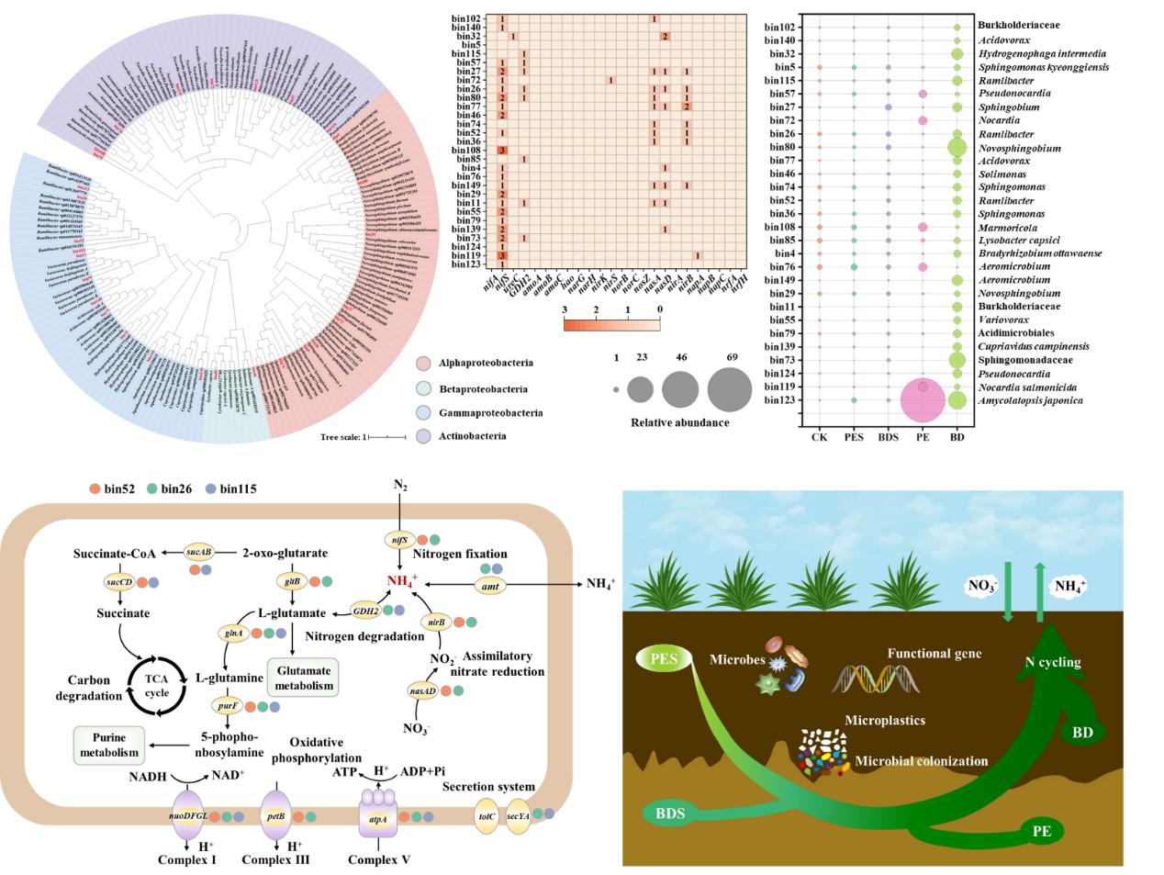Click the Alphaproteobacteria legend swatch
pos(423,364)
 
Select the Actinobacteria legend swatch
pos(423,435)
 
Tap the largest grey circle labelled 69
pos(730,388)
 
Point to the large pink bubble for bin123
pos(923,400)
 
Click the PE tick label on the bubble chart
pos(923,437)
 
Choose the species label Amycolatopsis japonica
pos(1030,400)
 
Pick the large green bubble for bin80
pos(957,147)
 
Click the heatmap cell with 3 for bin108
pos(502,150)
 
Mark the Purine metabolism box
pos(109,745)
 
